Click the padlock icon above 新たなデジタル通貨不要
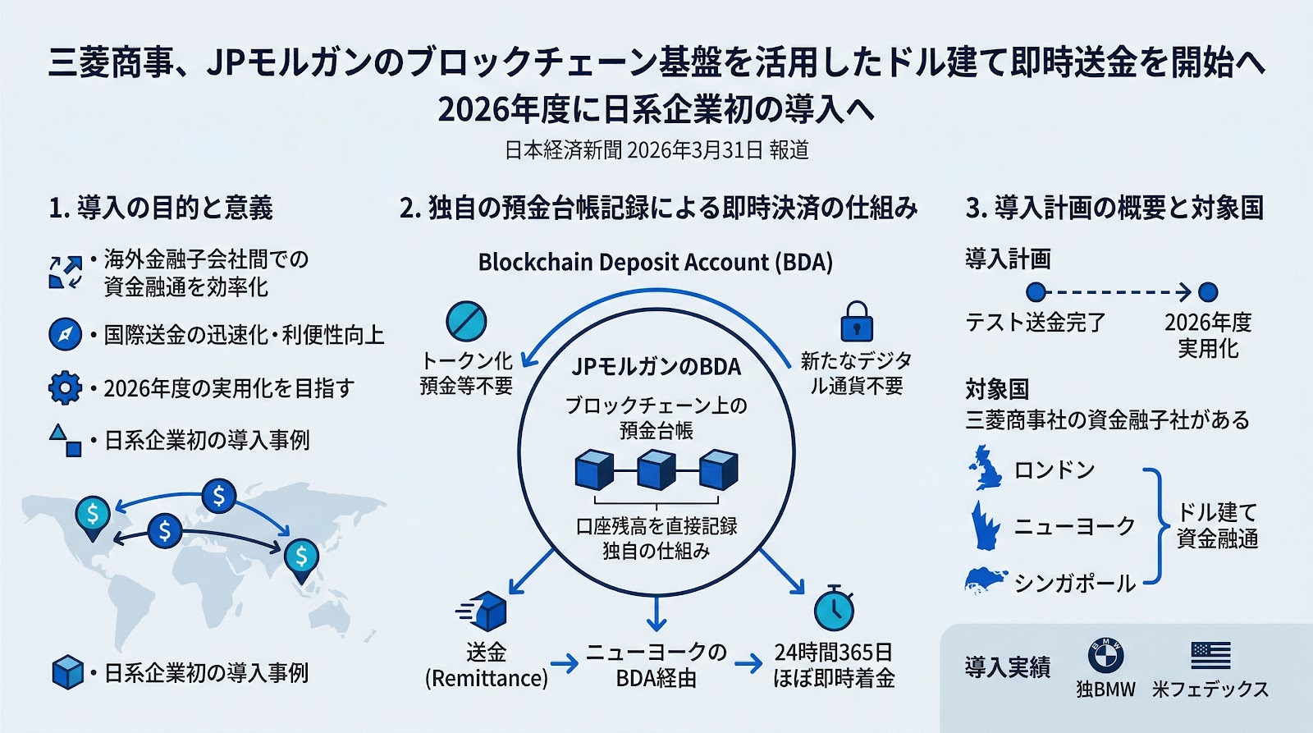point(857,321)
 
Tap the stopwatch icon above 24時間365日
point(834,609)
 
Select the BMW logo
point(1105,655)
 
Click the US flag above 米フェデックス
point(1210,655)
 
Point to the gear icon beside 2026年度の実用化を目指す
point(65,387)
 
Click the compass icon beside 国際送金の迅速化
point(65,335)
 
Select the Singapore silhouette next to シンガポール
point(986,580)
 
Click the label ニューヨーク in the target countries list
point(1074,525)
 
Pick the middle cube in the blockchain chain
point(656,470)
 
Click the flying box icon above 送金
point(484,612)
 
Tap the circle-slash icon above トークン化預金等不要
point(466,321)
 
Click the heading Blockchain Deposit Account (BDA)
point(655,263)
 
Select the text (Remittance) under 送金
point(486,679)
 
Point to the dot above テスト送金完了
point(1036,291)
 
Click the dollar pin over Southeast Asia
point(301,557)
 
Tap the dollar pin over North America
point(92,515)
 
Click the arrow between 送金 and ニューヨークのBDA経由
point(565,663)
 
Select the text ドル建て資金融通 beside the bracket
point(1217,525)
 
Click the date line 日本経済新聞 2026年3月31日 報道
point(656,150)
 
